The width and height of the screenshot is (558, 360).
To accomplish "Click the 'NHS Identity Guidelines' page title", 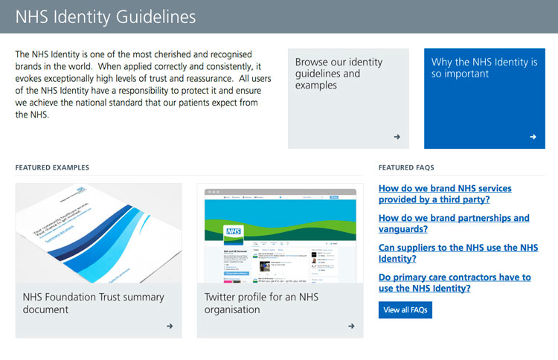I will [106, 16].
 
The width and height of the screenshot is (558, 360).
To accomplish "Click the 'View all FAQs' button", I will [405, 309].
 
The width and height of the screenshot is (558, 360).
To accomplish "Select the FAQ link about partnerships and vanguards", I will [454, 224].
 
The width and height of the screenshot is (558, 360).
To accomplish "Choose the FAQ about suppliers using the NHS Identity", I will [458, 253].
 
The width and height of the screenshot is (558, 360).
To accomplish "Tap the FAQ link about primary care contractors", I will [455, 283].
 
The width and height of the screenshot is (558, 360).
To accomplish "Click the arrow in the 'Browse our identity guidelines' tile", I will [397, 137].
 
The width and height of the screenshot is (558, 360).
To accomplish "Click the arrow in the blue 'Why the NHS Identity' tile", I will [533, 137].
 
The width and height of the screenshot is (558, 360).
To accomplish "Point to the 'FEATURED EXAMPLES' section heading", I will [52, 168].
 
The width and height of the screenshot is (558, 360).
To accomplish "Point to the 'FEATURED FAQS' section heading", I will [406, 168].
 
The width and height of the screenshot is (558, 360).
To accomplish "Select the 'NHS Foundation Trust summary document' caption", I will [93, 303].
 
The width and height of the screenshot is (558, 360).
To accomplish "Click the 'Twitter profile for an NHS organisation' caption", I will [261, 303].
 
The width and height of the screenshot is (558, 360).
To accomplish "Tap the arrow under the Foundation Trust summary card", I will [170, 326].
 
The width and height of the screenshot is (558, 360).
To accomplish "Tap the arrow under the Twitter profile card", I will [351, 326].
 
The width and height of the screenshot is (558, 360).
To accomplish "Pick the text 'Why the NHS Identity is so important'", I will [484, 68].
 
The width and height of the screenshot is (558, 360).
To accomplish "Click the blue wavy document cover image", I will [98, 233].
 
